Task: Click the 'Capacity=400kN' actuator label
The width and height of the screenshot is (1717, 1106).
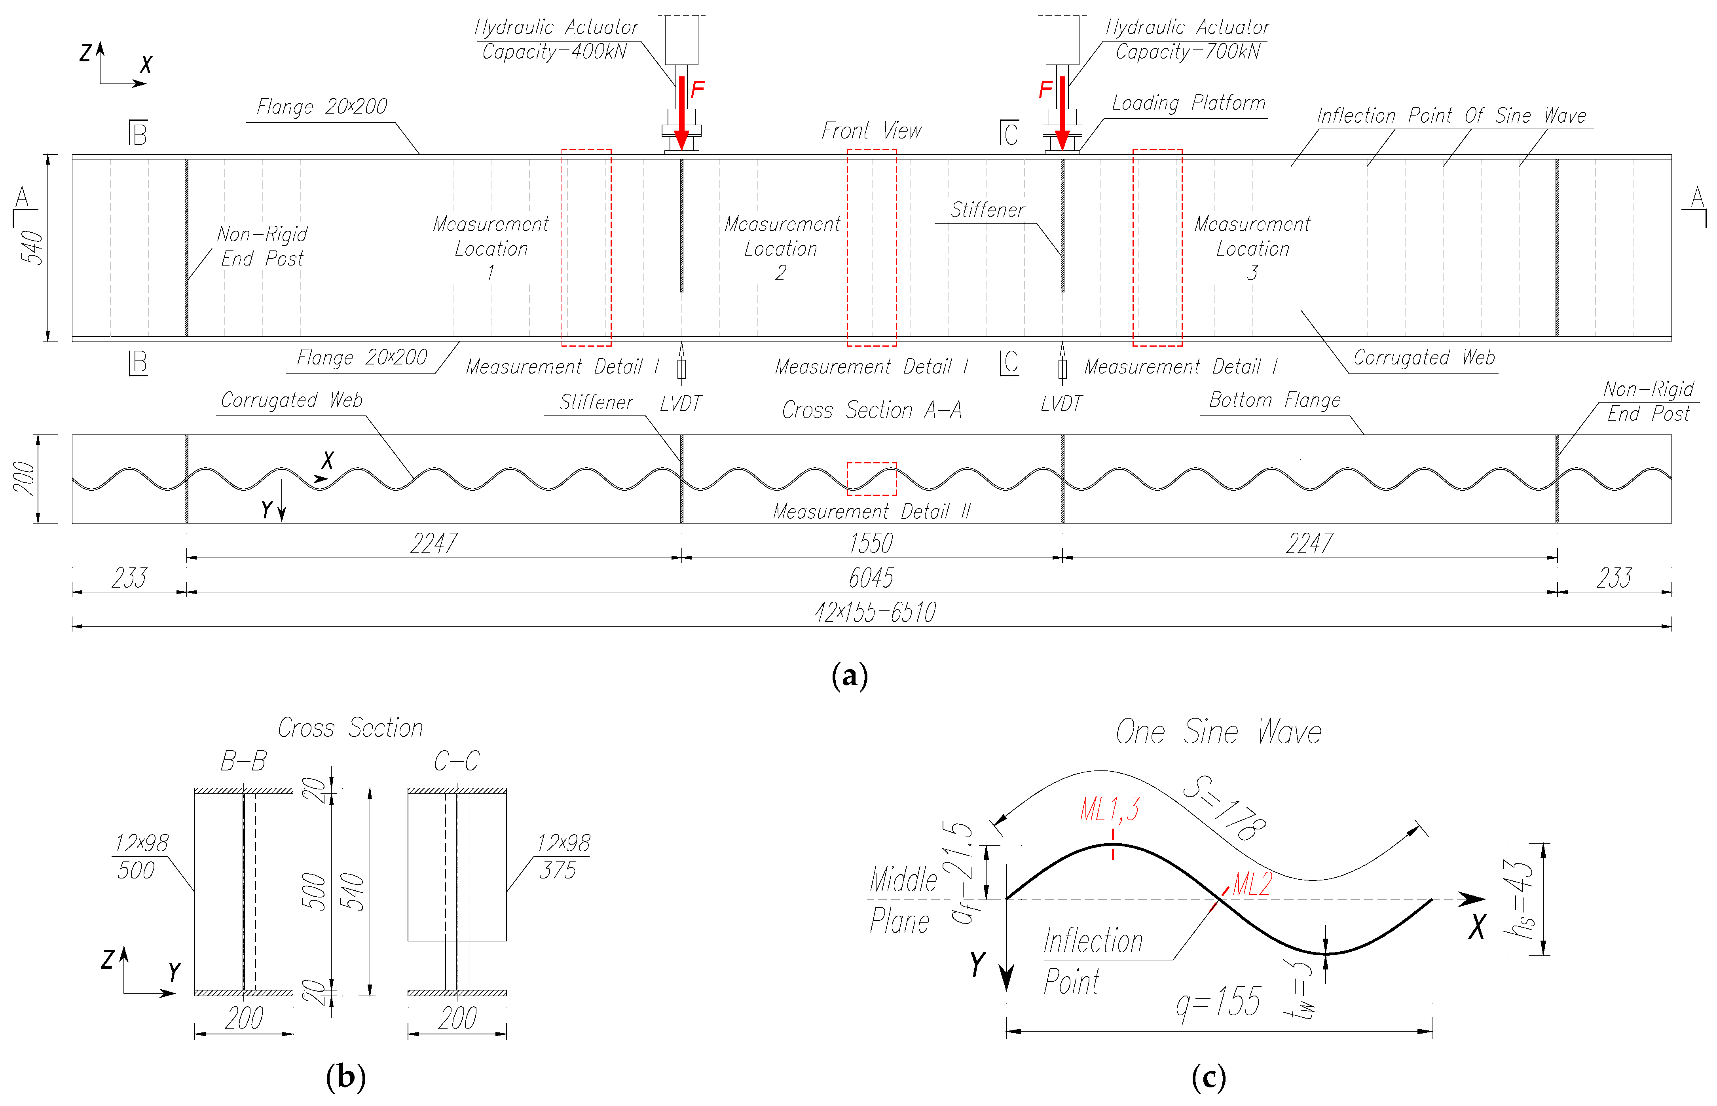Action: click(x=554, y=52)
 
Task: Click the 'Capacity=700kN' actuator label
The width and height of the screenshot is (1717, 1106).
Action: click(x=1187, y=52)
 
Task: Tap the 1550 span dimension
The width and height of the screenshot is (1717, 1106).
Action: click(x=870, y=544)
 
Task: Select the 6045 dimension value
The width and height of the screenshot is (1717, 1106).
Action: click(x=870, y=578)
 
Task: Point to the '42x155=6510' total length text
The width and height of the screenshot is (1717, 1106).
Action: click(x=875, y=613)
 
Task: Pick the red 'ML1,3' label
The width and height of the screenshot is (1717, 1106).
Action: click(x=1110, y=810)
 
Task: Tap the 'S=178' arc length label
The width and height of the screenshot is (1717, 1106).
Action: click(x=1224, y=808)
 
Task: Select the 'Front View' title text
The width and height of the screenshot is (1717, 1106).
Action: click(x=871, y=131)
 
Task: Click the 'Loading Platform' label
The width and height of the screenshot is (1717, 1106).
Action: click(x=1188, y=103)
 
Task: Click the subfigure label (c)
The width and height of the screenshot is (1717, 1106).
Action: click(x=1209, y=1077)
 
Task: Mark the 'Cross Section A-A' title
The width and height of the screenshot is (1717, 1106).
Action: click(x=871, y=410)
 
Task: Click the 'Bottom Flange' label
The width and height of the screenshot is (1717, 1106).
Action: click(x=1275, y=400)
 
